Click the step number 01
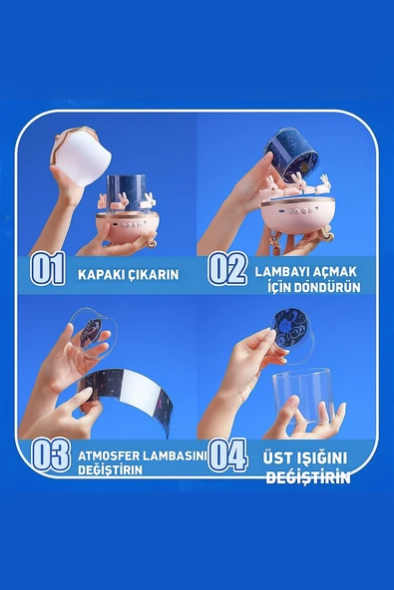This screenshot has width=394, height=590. pyautogui.click(x=47, y=270)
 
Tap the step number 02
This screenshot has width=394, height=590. pyautogui.click(x=227, y=270)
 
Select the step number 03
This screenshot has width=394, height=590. pyautogui.click(x=50, y=454)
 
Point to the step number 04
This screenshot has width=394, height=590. pyautogui.click(x=227, y=454)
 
